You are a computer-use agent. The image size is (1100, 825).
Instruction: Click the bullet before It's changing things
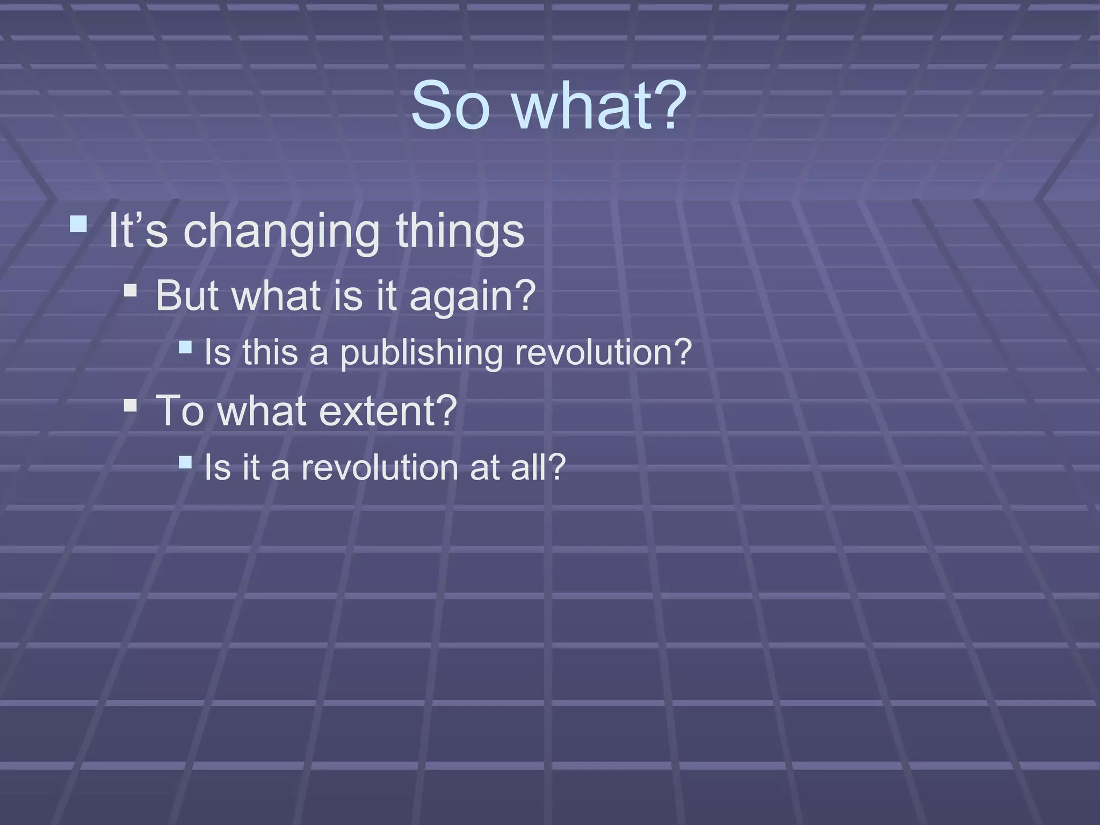click(x=78, y=224)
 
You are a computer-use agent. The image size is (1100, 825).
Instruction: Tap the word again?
click(x=473, y=296)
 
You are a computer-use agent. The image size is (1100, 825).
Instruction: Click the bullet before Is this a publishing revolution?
click(x=185, y=347)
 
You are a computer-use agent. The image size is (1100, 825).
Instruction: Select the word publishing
click(x=422, y=353)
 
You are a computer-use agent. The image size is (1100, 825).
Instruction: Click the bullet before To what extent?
click(x=130, y=404)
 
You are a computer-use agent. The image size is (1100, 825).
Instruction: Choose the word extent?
click(x=388, y=411)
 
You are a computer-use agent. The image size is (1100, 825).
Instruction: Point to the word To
click(x=179, y=411)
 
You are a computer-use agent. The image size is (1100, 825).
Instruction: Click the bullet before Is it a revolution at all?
click(x=185, y=462)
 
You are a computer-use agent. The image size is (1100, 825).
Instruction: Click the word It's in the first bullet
click(x=138, y=231)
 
